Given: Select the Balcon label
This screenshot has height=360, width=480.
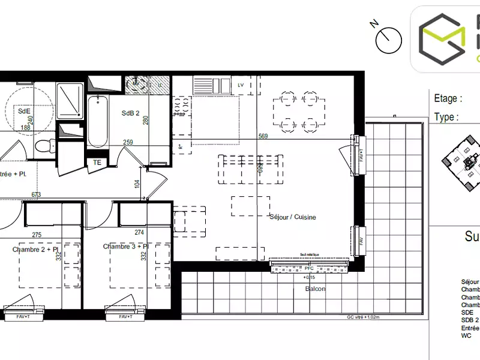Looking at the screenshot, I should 314,289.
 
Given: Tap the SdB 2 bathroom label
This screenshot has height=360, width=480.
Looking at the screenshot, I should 130,113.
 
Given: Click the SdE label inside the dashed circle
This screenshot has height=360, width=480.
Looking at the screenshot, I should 24,111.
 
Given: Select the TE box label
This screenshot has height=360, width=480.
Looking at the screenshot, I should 97,162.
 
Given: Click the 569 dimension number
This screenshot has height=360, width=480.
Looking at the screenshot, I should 263,136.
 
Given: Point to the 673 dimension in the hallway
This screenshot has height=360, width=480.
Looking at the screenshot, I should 36,194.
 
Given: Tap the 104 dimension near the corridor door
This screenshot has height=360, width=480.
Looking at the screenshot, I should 137,184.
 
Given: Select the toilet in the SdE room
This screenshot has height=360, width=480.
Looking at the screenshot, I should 43,145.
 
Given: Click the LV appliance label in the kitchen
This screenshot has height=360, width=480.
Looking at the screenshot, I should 241,85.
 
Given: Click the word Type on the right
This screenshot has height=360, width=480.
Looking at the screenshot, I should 445,117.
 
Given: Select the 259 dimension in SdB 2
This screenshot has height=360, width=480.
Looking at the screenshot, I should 128,142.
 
